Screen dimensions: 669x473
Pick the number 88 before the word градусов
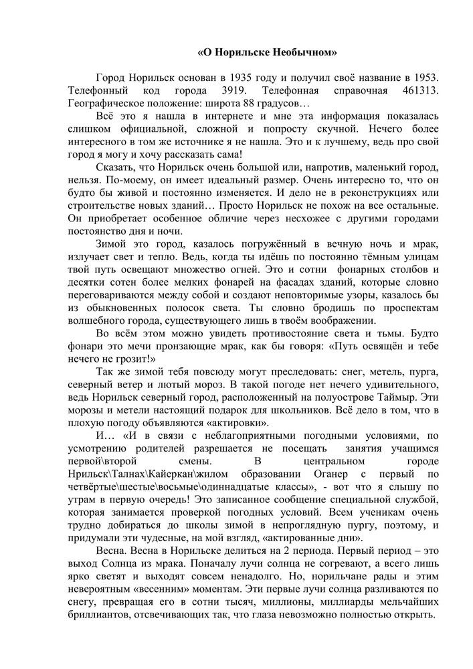254,104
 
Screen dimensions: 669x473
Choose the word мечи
148,347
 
